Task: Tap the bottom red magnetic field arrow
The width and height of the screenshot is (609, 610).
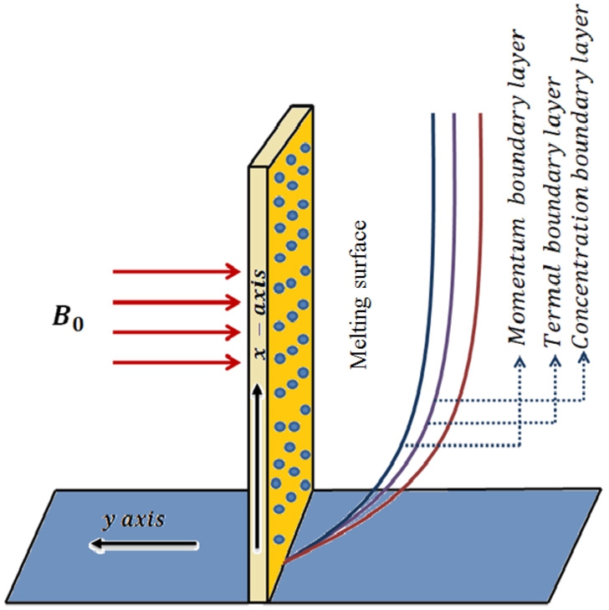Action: (176, 362)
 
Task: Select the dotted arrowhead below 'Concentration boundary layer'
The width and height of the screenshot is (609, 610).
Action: (583, 361)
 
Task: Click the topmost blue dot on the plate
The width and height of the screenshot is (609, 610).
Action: (304, 149)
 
